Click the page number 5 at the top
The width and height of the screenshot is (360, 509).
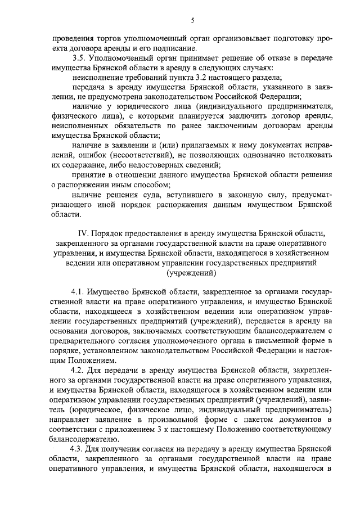pyautogui.click(x=192, y=21)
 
